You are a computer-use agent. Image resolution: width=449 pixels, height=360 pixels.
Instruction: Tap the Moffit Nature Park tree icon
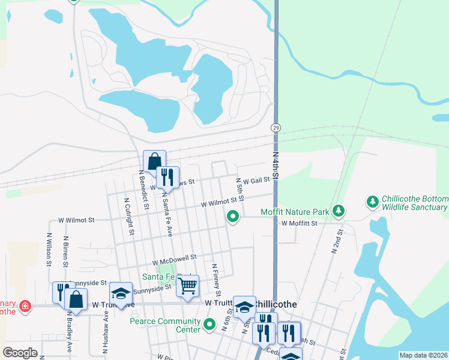pyautogui.click(x=339, y=211)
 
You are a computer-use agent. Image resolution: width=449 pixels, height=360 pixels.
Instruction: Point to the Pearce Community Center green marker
pyautogui.click(x=209, y=325)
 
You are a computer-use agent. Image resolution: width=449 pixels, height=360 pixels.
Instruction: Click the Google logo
pyautogui.click(x=20, y=353)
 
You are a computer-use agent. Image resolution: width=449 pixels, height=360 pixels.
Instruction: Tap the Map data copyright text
pyautogui.click(x=423, y=355)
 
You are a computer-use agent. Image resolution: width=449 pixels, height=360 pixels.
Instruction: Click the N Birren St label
pyautogui.click(x=64, y=252)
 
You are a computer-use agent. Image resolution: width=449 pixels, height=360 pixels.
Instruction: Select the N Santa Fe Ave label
pyautogui.click(x=166, y=215)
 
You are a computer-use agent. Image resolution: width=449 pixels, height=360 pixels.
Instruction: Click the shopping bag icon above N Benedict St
pyautogui.click(x=154, y=161)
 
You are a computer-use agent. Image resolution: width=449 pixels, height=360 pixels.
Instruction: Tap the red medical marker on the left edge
pyautogui.click(x=25, y=307)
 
